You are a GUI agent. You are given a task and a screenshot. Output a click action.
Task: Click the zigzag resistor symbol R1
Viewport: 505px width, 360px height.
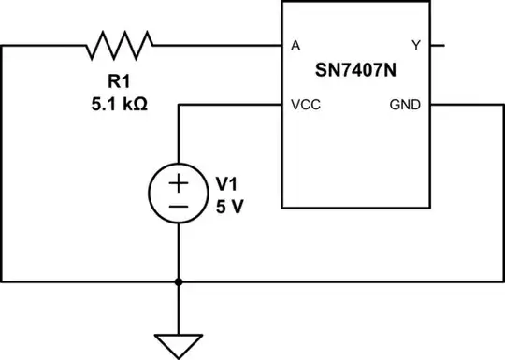point(120,44)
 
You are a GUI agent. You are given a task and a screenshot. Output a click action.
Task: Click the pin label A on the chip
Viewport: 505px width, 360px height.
point(296,45)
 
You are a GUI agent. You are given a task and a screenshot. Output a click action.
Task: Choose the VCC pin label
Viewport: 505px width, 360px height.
point(306,106)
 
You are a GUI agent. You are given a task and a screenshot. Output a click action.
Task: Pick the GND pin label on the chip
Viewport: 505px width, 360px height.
point(407,106)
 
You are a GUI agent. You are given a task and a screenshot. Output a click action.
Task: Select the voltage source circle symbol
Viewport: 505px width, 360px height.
point(178,193)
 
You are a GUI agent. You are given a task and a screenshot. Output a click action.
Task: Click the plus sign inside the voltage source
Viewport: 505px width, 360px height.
point(178,180)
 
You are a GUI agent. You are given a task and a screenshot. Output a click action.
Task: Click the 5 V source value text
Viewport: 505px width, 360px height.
point(229,205)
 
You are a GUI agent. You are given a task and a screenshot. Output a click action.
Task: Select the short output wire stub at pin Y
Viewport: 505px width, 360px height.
point(438,45)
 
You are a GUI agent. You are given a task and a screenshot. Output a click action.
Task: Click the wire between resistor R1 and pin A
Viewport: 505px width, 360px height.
point(215,45)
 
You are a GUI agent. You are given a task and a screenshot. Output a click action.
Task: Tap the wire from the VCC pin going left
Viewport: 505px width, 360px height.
point(229,106)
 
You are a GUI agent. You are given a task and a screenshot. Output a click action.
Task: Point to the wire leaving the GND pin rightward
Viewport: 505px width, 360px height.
point(468,106)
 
